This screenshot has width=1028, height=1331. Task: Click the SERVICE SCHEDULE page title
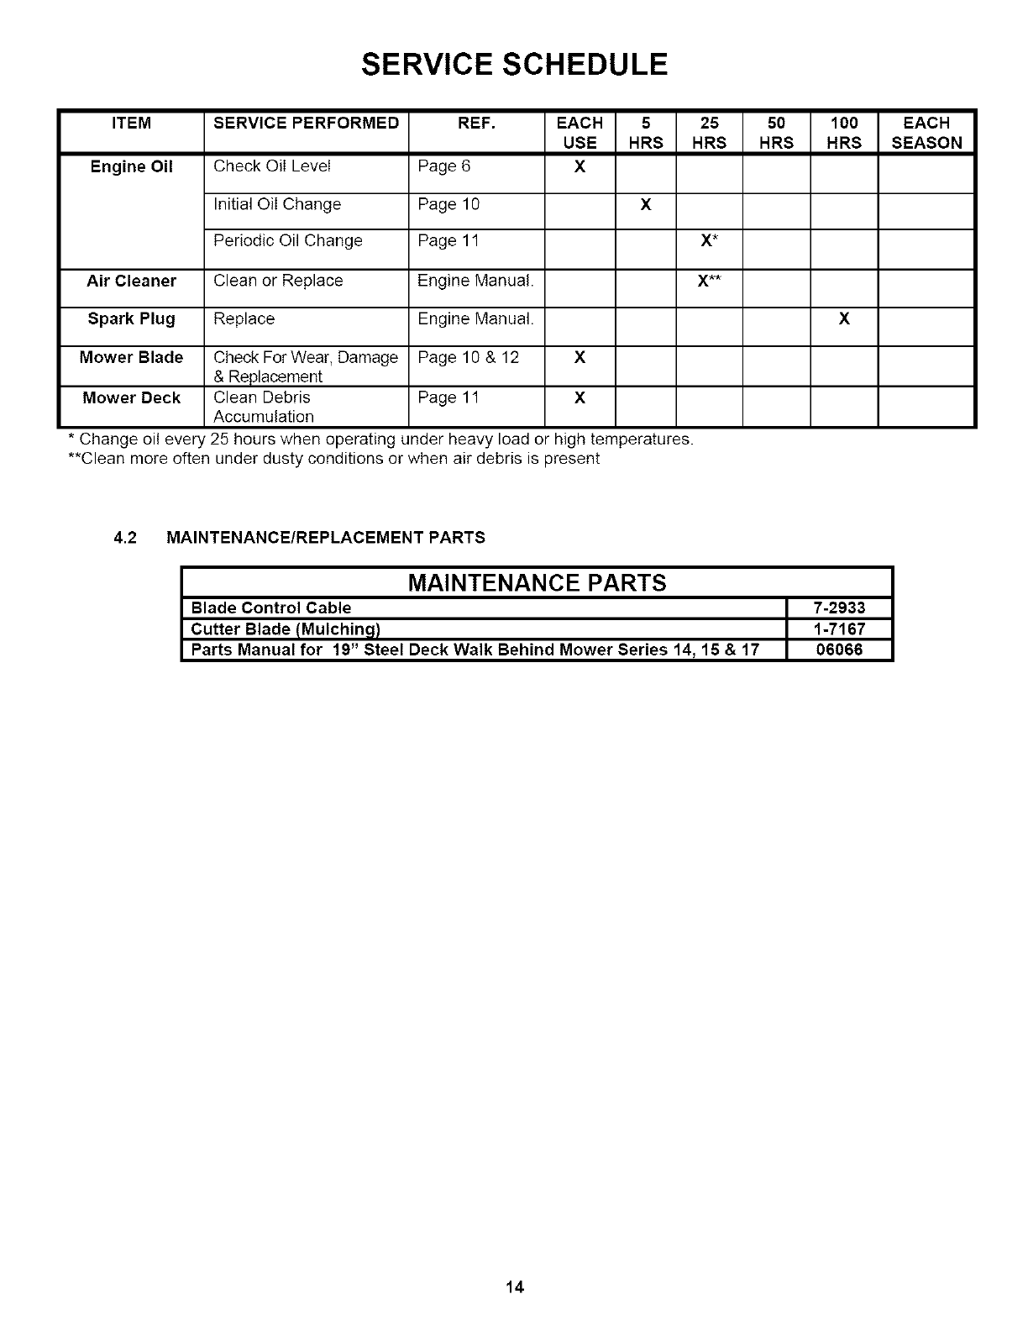click(514, 64)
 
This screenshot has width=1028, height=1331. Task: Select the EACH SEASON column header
click(926, 133)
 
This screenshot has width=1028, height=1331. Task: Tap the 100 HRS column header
click(843, 133)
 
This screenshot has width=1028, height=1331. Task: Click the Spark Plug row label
click(132, 319)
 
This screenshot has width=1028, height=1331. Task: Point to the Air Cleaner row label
click(132, 281)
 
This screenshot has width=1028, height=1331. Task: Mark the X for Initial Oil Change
click(645, 204)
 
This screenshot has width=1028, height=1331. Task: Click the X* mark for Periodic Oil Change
click(708, 241)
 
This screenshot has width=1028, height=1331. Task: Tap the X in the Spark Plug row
click(844, 319)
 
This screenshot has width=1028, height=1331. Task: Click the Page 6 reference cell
click(444, 166)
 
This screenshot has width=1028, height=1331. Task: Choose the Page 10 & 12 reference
click(468, 358)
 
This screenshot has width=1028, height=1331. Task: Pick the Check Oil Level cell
click(272, 166)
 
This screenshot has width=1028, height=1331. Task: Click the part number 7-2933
click(839, 608)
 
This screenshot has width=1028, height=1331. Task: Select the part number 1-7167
click(839, 629)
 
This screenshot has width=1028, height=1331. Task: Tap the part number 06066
click(839, 650)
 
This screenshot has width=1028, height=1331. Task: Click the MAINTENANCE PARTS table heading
click(537, 582)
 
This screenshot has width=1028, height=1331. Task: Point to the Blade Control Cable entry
click(271, 608)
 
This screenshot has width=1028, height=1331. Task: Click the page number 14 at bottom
click(514, 1286)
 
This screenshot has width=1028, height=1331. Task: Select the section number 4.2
click(125, 538)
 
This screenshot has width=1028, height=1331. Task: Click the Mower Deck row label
click(132, 397)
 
